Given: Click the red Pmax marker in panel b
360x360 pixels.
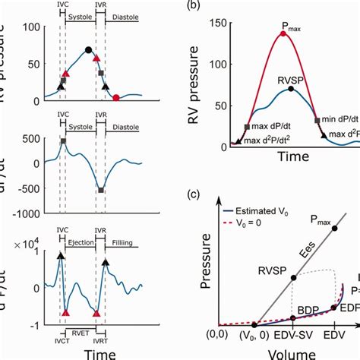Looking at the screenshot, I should pyautogui.click(x=283, y=34).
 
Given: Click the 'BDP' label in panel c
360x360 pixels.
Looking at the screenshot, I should pyautogui.click(x=308, y=310).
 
